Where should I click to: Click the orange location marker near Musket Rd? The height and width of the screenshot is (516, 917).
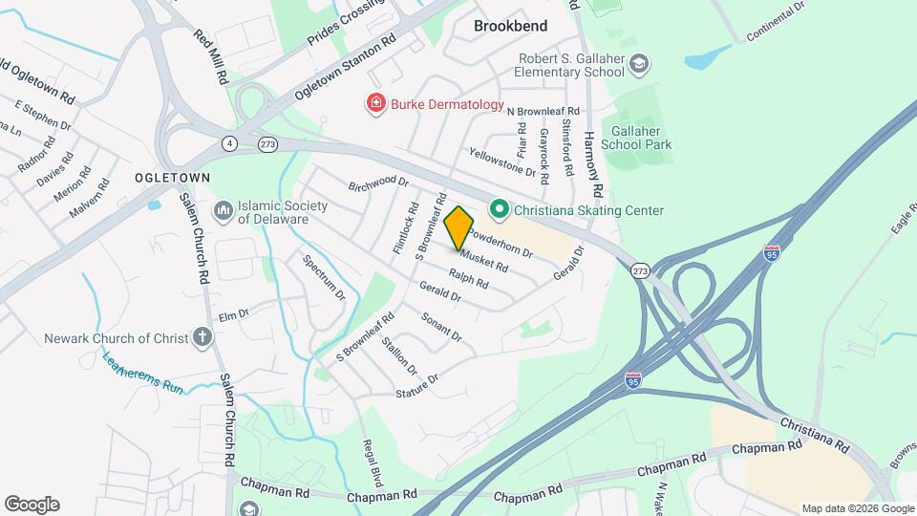[x=459, y=227]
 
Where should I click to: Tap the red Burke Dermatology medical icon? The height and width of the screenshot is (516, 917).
[x=377, y=103]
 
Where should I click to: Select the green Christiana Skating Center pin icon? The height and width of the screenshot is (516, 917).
[x=498, y=209]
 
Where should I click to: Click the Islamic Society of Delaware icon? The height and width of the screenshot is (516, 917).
[x=223, y=209]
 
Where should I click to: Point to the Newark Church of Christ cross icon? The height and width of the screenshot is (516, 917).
[x=202, y=336]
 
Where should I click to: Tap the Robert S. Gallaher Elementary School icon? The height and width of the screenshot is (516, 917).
[x=638, y=64]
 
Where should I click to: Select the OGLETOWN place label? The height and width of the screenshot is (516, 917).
[x=172, y=179]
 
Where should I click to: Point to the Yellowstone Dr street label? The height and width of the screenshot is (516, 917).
[x=502, y=161]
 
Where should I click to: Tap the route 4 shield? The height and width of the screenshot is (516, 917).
[x=229, y=143]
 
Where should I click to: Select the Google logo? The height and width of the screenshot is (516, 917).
[x=32, y=505]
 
